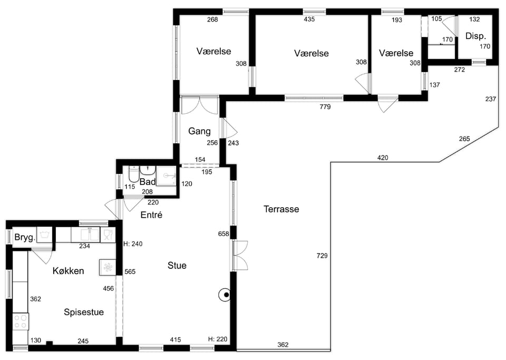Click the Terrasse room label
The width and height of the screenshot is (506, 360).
281,209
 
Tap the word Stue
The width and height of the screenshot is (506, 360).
177,266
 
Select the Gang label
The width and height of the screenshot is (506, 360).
199,131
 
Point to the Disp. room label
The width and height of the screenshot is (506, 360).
475,36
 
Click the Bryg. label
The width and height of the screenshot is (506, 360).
25,238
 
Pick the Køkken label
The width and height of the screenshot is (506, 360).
68,270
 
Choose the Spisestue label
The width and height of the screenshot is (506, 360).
84,312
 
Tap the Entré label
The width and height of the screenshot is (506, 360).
151,215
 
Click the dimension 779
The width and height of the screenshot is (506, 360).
325,107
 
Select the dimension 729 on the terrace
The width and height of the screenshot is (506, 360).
322,256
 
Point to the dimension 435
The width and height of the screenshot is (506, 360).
309,20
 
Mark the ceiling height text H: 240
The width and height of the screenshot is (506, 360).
133,244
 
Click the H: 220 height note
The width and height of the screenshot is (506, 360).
218,339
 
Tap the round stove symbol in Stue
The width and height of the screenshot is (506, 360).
225,295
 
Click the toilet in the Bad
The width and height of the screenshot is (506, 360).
133,174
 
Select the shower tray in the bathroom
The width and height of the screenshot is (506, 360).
166,176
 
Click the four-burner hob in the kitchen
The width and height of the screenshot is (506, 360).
21,322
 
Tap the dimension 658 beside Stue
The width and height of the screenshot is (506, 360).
223,234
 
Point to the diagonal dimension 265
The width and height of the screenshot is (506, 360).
464,139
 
